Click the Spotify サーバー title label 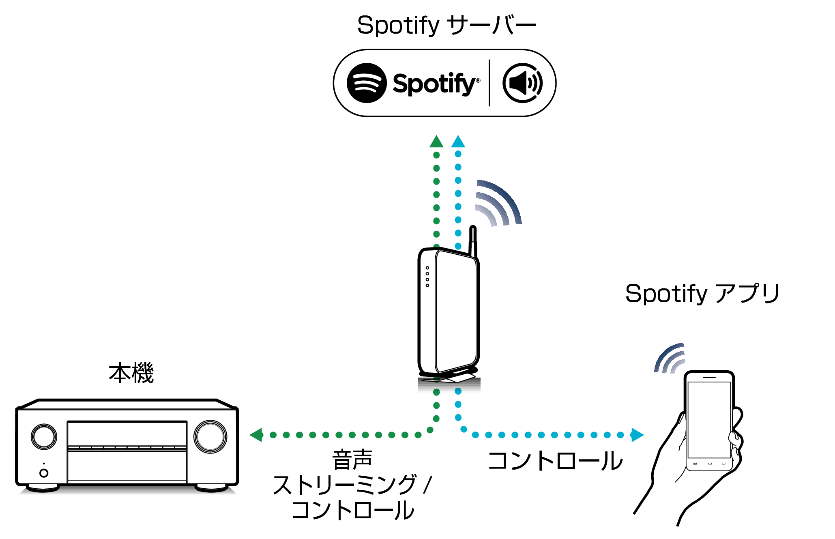coord(446,25)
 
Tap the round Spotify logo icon coord(367,83)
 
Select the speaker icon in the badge coord(523,83)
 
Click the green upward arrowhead coord(436,142)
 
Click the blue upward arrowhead coord(458,142)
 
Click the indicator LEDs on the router coord(427,277)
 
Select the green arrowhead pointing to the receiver coord(257,435)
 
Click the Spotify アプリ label coord(702,293)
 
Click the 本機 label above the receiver coord(131,373)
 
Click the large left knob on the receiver coord(44,437)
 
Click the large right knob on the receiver coord(210,437)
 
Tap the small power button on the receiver coord(44,473)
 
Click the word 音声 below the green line coord(352,460)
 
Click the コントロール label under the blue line coord(555,461)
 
